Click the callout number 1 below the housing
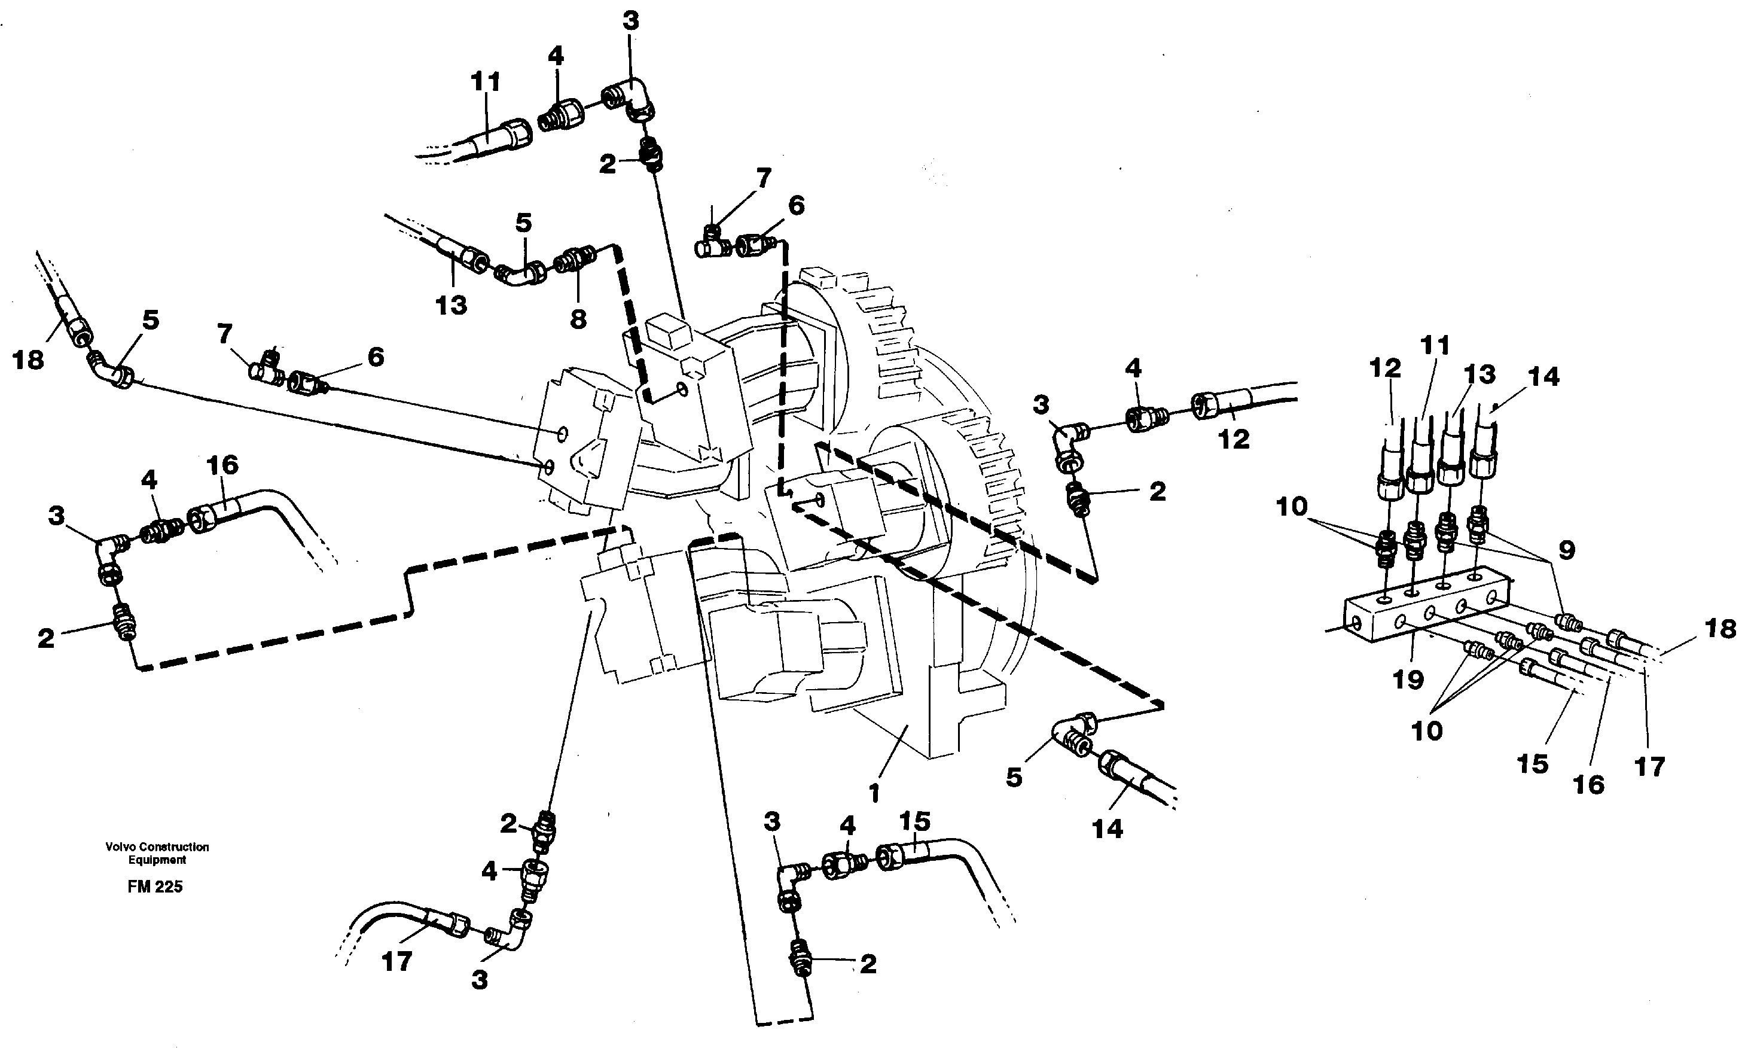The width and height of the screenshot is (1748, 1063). coord(874,793)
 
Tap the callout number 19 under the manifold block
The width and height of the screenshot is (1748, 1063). coord(1408,679)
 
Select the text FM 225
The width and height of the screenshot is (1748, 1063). coord(155,887)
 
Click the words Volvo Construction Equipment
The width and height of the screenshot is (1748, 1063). coord(157,853)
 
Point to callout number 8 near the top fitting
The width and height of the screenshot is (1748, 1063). coord(578,319)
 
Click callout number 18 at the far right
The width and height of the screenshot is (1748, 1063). coord(1720,628)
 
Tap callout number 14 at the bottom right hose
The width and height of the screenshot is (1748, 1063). coord(1108,828)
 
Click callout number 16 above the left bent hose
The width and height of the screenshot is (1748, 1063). coord(222,465)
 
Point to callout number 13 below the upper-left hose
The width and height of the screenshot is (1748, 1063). coord(451,305)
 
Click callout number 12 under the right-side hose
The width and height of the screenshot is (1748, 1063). coord(1233,438)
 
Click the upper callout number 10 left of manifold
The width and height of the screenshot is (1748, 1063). coord(1291,507)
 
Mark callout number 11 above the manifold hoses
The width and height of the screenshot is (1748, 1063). coord(1435,346)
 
